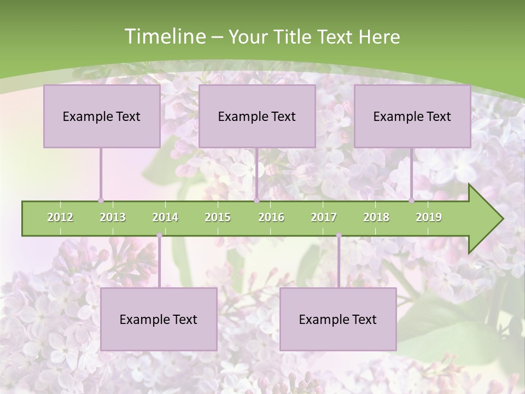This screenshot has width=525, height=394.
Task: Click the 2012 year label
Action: pos(60,217)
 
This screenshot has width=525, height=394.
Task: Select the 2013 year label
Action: pos(113,217)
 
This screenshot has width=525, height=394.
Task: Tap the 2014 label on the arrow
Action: pos(165,217)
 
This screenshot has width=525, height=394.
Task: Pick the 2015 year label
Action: pos(218,217)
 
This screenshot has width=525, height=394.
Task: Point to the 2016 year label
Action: pos(271,217)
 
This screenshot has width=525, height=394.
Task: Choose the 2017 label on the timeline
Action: pos(324,217)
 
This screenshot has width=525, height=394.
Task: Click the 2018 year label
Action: pos(376,217)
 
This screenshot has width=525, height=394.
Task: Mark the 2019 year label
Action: pos(429,217)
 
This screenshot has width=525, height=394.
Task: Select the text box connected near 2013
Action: pos(102,116)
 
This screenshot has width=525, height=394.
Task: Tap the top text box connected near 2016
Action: pos(257,116)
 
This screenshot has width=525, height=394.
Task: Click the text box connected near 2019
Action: pos(412,116)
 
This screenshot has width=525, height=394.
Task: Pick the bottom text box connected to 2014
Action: pos(159,319)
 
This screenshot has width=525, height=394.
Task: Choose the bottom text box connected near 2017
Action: pos(338,319)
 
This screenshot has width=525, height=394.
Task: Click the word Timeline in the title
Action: pos(164,37)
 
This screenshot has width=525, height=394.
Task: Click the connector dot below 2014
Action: pos(159,235)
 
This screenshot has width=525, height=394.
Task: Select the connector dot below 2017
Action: pos(339,235)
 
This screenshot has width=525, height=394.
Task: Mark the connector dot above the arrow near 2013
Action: pos(101,200)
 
